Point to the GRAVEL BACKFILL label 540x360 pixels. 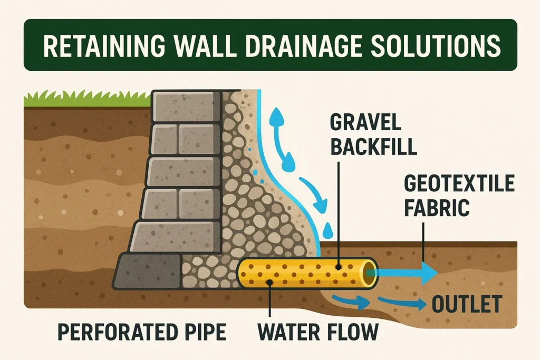pos(373,134)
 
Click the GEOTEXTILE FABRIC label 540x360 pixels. pos(459,196)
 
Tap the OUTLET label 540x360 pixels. pos(467,304)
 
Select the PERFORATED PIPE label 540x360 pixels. pos(142,332)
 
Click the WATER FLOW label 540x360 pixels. pos(318,332)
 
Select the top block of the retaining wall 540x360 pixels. pos(186,106)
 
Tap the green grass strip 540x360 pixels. pos(88,99)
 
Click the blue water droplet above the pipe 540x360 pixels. pos(328,230)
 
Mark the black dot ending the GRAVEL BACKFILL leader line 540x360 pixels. pos(339,267)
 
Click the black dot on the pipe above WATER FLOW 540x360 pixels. pos(270,283)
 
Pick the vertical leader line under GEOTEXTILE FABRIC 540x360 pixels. pos(423,241)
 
